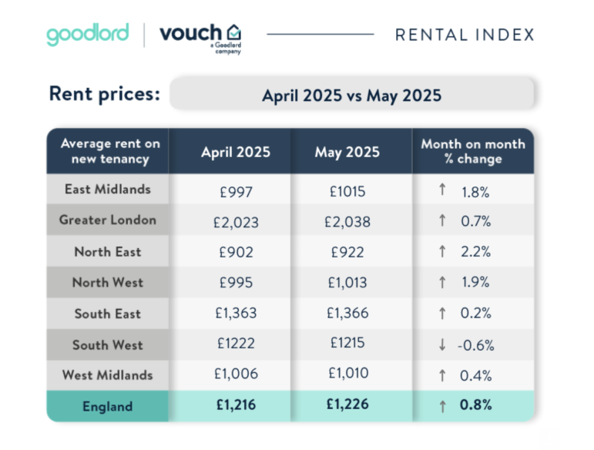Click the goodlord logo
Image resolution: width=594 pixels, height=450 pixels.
[x=88, y=35]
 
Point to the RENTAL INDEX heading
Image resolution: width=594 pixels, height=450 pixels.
[x=464, y=35]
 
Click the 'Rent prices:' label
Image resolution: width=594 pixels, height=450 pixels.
[x=105, y=94]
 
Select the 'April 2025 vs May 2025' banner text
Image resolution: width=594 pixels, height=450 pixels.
[x=351, y=96]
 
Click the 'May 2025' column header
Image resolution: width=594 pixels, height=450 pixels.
[x=347, y=152]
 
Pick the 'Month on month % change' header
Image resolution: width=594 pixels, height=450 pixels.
[x=472, y=151]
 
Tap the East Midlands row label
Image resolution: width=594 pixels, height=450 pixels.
[x=107, y=190]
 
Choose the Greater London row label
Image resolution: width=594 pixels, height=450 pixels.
[x=107, y=220]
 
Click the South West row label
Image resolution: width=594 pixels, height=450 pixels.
[x=107, y=344]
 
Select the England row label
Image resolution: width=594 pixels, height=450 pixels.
[x=107, y=406]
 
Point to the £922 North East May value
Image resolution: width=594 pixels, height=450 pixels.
[x=347, y=253]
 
